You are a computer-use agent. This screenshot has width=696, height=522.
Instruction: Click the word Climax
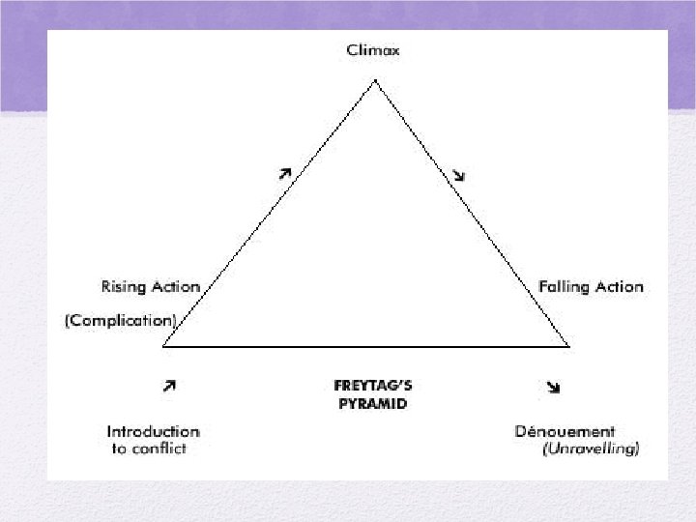click(x=372, y=50)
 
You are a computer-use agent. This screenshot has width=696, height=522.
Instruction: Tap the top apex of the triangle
click(x=375, y=80)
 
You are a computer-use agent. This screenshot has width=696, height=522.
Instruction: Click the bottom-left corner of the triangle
click(x=164, y=344)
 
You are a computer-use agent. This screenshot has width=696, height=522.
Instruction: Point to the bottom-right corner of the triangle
click(x=568, y=344)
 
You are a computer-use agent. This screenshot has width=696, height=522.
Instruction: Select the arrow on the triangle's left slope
click(x=284, y=173)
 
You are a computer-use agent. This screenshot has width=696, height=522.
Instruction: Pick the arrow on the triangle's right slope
click(x=459, y=175)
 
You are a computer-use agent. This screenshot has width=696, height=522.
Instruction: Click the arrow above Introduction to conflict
click(x=169, y=385)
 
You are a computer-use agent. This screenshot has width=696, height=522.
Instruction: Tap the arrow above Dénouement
click(x=553, y=387)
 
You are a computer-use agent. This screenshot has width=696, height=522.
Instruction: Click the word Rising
click(x=124, y=286)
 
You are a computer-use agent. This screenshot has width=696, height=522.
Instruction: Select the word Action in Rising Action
click(x=175, y=286)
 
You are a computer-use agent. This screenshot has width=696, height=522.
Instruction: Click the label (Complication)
click(x=121, y=320)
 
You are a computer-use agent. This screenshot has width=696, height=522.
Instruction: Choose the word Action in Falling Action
click(x=619, y=286)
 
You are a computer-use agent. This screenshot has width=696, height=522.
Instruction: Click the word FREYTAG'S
click(x=372, y=386)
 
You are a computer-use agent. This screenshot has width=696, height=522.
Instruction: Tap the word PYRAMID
click(x=372, y=404)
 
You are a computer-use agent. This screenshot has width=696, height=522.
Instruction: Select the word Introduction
click(x=153, y=431)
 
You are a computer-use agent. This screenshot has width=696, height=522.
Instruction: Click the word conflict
click(x=161, y=449)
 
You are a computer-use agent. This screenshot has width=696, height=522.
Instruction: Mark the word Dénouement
click(x=565, y=431)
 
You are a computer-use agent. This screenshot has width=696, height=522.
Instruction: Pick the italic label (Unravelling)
click(x=591, y=449)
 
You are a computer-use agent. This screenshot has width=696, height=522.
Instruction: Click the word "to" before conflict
click(x=120, y=449)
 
